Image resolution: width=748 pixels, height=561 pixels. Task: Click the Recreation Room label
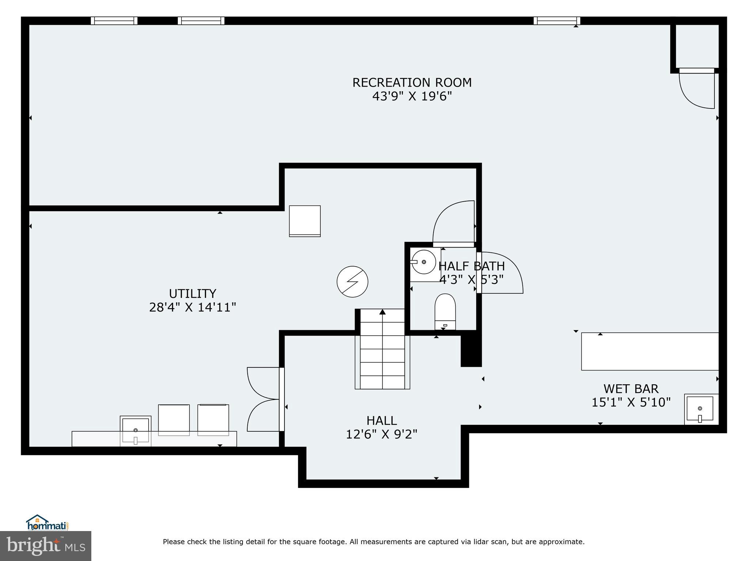tap(412, 83)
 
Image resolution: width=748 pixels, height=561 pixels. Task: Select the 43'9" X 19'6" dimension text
tap(412, 96)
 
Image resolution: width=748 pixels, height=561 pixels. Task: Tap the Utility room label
tap(192, 294)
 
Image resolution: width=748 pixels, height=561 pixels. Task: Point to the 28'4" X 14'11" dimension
tap(192, 308)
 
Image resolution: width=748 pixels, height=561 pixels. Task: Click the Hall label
tap(381, 421)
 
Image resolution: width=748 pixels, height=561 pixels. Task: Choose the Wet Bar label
tap(631, 389)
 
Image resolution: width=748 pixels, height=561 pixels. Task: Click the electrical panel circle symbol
tap(352, 282)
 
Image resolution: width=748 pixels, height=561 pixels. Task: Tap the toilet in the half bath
tap(445, 312)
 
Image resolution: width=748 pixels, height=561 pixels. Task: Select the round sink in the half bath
tap(424, 262)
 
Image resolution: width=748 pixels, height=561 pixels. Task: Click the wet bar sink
tap(700, 409)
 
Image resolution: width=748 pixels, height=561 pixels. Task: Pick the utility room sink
tap(136, 431)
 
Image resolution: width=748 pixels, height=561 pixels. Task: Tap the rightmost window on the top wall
tap(557, 21)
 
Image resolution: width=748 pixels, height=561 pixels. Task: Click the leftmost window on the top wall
tap(114, 21)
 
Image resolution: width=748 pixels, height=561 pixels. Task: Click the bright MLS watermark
tap(46, 546)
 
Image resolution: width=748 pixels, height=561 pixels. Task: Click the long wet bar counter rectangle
tap(650, 351)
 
